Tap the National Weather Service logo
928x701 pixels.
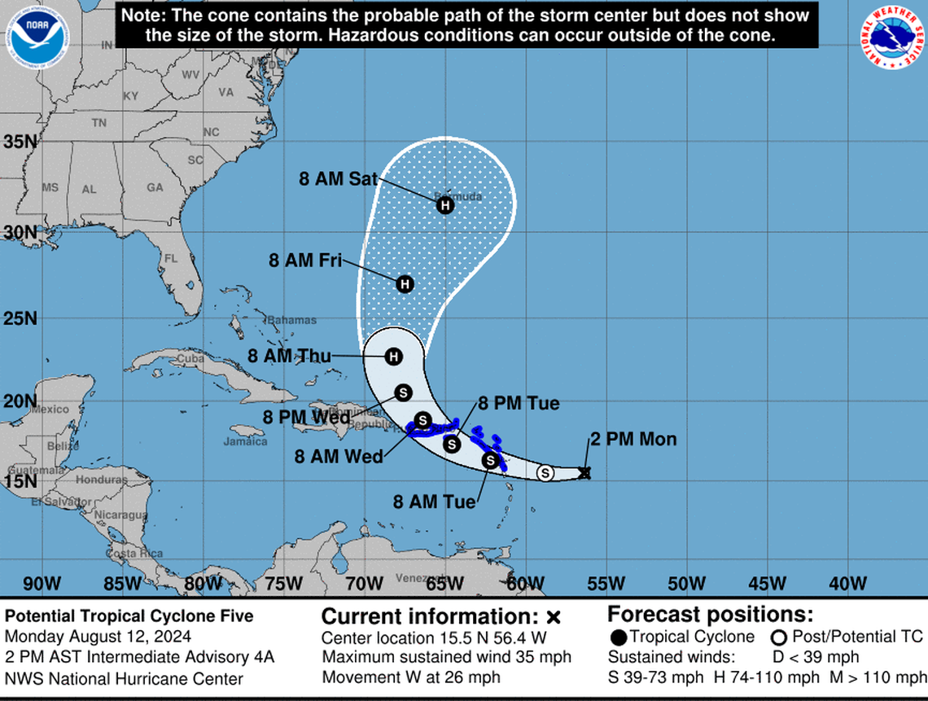click(x=892, y=37)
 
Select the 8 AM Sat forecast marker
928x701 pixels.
click(x=444, y=205)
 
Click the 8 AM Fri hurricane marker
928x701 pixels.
click(x=405, y=284)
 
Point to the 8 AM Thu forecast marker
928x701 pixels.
click(x=394, y=357)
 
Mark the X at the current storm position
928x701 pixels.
click(x=584, y=472)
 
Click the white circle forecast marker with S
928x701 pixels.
click(x=545, y=472)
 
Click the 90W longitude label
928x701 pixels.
click(x=42, y=584)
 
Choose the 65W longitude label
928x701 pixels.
click(x=444, y=584)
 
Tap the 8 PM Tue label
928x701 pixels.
click(x=519, y=402)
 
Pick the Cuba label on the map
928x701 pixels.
click(x=189, y=359)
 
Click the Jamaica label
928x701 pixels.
click(x=245, y=442)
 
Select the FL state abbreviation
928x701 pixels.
click(x=171, y=259)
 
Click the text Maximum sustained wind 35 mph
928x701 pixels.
click(x=447, y=656)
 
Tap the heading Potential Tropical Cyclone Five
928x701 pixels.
click(x=129, y=616)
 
